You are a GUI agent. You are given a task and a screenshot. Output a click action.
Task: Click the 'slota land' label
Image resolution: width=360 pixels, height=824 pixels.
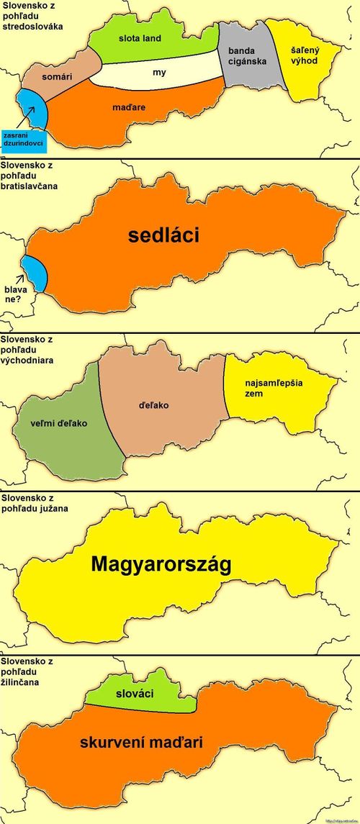coord(140,38)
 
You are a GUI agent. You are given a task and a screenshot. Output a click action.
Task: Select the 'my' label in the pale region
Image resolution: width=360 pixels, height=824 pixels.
coord(159,73)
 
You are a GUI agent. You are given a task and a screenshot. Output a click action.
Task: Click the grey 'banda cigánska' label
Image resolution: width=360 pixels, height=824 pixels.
coord(247,56)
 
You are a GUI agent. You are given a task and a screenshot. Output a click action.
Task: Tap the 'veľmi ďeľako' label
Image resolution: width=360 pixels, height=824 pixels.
coord(60,423)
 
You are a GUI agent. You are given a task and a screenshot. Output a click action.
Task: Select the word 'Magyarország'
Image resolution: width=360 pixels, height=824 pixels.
coord(161,565)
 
